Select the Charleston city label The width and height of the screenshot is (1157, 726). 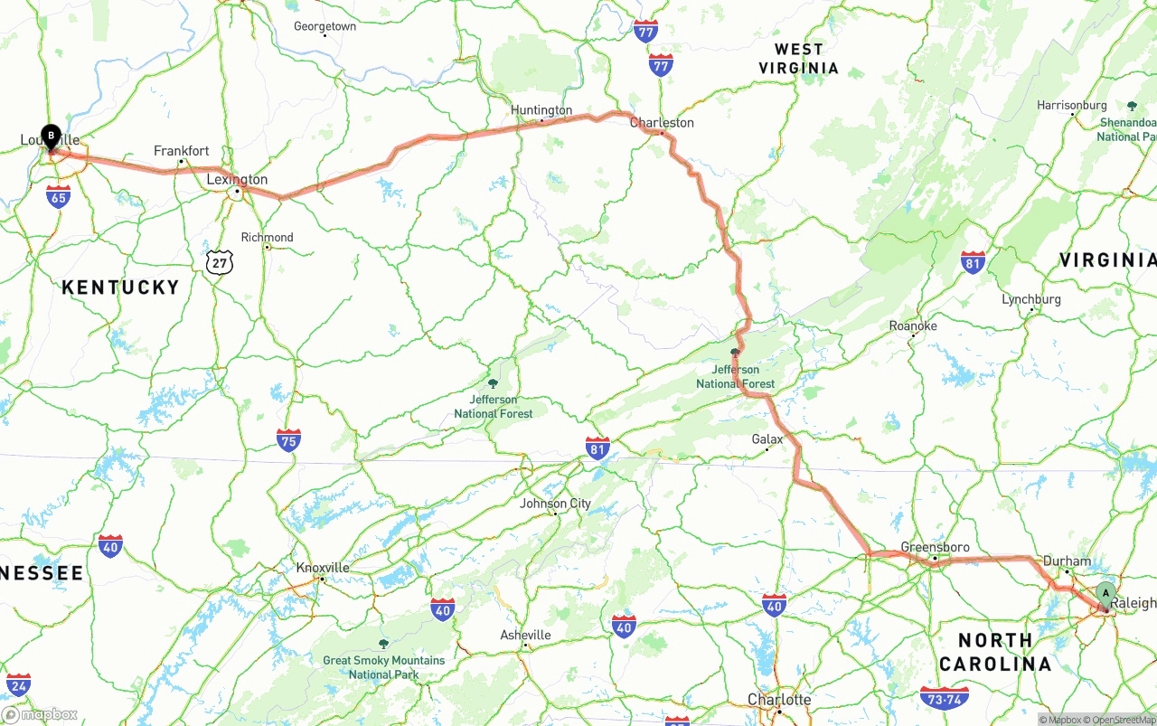[662, 122]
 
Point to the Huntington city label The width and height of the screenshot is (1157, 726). [541, 110]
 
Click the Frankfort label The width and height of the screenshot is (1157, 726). [181, 151]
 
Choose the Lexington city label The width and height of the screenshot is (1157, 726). [237, 179]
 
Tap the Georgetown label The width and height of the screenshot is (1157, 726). [325, 26]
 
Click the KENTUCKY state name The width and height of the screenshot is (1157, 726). [120, 288]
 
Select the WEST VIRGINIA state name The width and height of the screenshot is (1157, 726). [798, 59]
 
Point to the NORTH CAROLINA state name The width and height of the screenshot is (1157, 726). [995, 652]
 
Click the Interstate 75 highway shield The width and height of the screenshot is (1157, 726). [288, 440]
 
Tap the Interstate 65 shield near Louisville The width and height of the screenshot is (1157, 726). [58, 196]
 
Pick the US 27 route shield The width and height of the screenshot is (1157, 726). [219, 262]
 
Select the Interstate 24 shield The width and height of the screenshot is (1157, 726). [18, 684]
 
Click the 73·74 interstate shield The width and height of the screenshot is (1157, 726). [943, 698]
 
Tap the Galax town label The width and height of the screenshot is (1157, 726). [767, 439]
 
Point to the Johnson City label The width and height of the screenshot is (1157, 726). [555, 504]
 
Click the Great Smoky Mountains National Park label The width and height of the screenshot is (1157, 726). [383, 666]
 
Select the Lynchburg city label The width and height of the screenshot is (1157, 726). [1030, 299]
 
